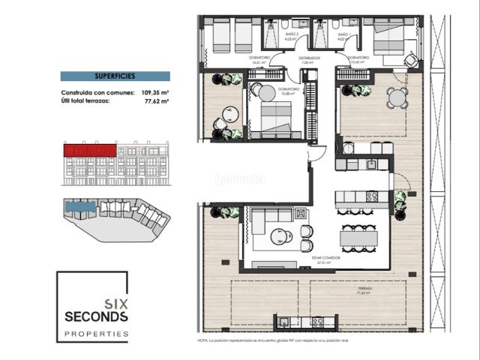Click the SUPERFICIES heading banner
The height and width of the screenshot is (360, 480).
point(115,76)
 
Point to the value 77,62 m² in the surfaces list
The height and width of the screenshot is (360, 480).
point(155,100)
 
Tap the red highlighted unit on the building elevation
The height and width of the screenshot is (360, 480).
point(89,150)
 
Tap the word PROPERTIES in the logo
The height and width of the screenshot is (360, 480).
point(96,333)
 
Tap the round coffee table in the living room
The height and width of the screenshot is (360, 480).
point(283,236)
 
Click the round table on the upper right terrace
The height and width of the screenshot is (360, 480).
point(397,97)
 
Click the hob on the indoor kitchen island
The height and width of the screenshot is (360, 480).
point(370,196)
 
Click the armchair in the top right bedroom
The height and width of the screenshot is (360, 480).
point(412,60)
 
